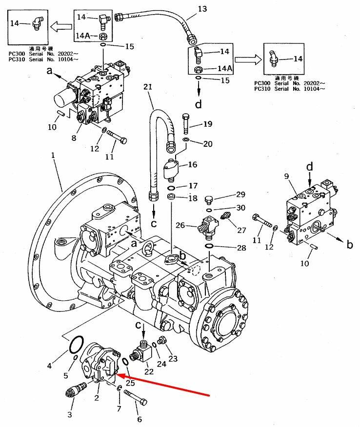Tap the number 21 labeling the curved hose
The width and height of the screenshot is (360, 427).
click(x=148, y=87)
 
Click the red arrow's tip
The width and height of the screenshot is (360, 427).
click(x=119, y=376)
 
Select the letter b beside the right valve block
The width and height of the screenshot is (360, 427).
click(x=350, y=245)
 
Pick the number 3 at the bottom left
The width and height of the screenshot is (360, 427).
click(x=70, y=415)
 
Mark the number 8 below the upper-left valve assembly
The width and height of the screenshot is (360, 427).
click(x=74, y=138)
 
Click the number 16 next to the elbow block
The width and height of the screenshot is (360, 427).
click(x=193, y=165)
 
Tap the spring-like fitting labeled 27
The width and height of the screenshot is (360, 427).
click(x=225, y=215)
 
